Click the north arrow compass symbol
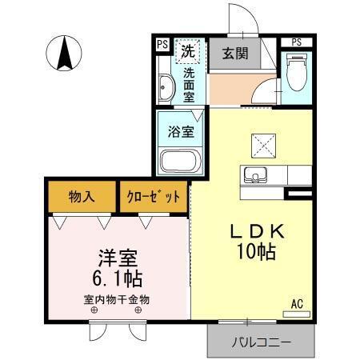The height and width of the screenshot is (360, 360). pos(66,54)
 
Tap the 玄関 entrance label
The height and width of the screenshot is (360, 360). pos(234,55)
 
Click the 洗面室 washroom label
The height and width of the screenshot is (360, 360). pos(189,85)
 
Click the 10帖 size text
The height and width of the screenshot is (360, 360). pos(257,251)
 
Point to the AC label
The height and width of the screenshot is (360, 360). pos(296,303)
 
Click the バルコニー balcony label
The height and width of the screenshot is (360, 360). pos(261,342)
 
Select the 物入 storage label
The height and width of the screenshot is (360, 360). pos(82,196)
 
